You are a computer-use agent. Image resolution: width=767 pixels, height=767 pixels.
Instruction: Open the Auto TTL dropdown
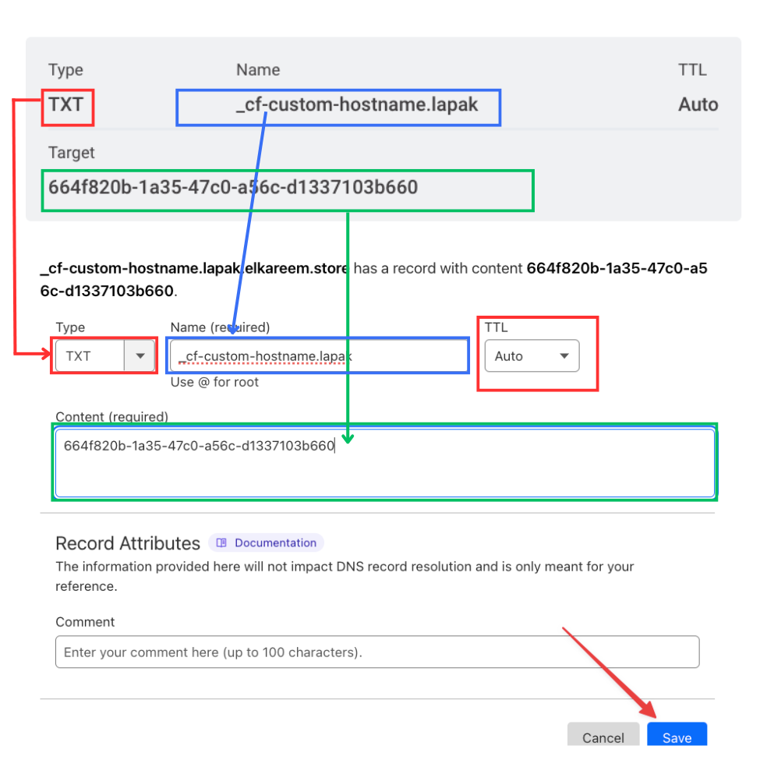click(x=532, y=356)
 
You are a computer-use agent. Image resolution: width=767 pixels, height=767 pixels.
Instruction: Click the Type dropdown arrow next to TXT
click(x=140, y=355)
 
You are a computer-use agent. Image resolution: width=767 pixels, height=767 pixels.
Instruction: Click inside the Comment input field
click(x=377, y=652)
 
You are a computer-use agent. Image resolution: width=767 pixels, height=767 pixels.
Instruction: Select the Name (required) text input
click(x=319, y=355)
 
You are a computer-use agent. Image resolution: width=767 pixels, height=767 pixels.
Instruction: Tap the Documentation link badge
click(x=266, y=543)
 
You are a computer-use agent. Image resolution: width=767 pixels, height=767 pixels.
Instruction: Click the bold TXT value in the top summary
click(x=66, y=104)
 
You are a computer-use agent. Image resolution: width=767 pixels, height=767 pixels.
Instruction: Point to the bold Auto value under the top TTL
click(x=698, y=104)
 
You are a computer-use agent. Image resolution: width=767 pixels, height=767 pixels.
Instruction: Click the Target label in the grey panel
click(x=72, y=153)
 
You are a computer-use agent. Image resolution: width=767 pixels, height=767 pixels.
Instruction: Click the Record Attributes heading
click(x=128, y=543)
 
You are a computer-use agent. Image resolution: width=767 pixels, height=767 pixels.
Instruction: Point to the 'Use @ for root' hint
click(x=214, y=382)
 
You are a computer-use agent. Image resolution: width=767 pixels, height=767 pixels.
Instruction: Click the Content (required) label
click(x=111, y=417)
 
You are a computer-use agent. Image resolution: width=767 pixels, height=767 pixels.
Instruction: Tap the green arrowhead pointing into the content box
click(x=348, y=438)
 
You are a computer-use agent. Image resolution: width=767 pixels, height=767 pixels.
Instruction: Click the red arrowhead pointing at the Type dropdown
click(x=46, y=353)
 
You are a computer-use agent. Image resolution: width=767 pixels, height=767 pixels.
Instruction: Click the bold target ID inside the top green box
click(x=233, y=187)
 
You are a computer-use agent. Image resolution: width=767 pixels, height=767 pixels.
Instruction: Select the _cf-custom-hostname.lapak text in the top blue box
click(x=356, y=104)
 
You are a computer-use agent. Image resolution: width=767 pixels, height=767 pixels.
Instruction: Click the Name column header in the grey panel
click(x=258, y=70)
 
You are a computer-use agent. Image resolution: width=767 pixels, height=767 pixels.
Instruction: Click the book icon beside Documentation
click(x=221, y=543)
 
